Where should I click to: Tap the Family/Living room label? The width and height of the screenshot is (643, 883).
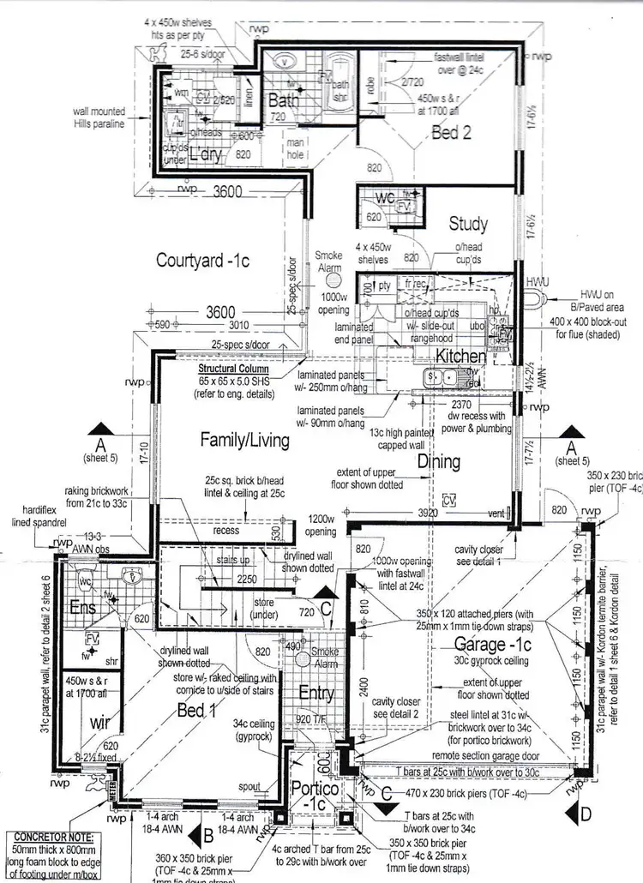[x=244, y=440]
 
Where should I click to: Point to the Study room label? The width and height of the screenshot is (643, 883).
[x=468, y=225]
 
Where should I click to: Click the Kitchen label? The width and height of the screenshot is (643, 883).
[x=460, y=355]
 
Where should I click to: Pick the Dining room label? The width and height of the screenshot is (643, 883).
[x=438, y=461]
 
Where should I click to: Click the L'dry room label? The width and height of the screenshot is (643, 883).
[x=205, y=155]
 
